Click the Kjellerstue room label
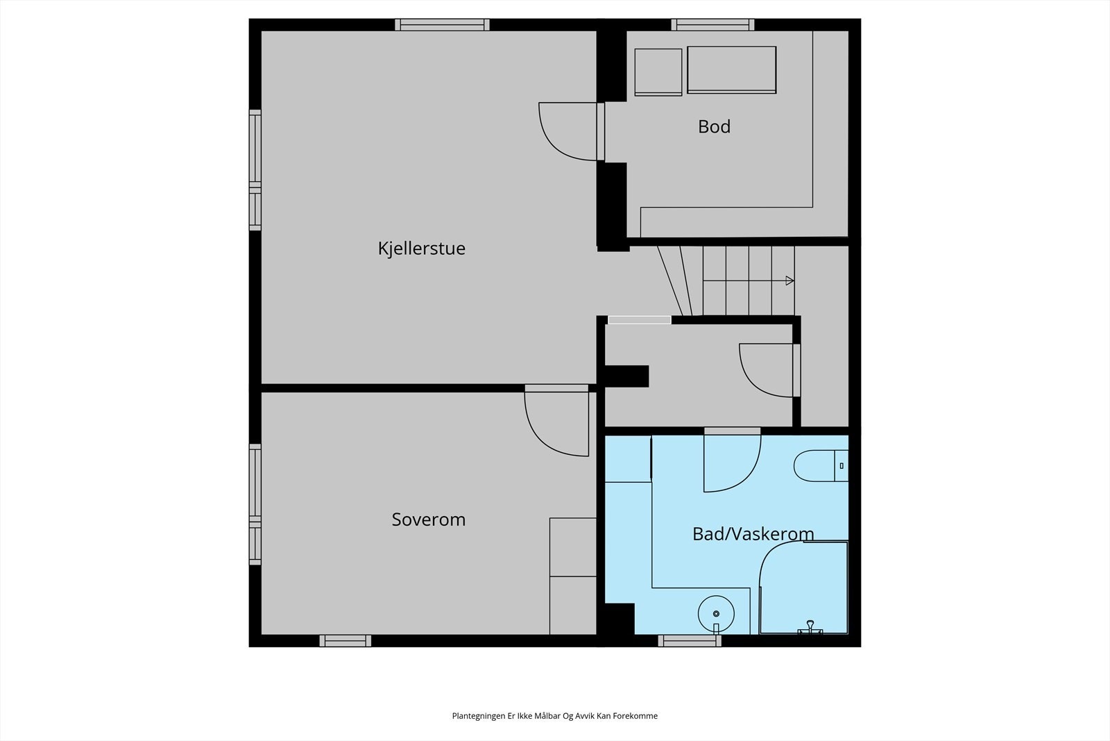pyautogui.click(x=421, y=249)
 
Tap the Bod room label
pyautogui.click(x=714, y=126)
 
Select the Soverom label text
pyautogui.click(x=428, y=519)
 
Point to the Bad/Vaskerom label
pyautogui.click(x=753, y=534)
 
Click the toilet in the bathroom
pyautogui.click(x=819, y=466)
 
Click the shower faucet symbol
pyautogui.click(x=809, y=627)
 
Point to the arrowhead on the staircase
pyautogui.click(x=789, y=281)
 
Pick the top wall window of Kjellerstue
pyautogui.click(x=442, y=25)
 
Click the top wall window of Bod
pyautogui.click(x=712, y=25)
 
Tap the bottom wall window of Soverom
pyautogui.click(x=345, y=640)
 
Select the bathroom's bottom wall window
pyautogui.click(x=690, y=640)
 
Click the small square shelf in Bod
pyautogui.click(x=658, y=72)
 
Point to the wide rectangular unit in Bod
pyautogui.click(x=732, y=69)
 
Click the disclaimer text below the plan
pyautogui.click(x=554, y=716)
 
